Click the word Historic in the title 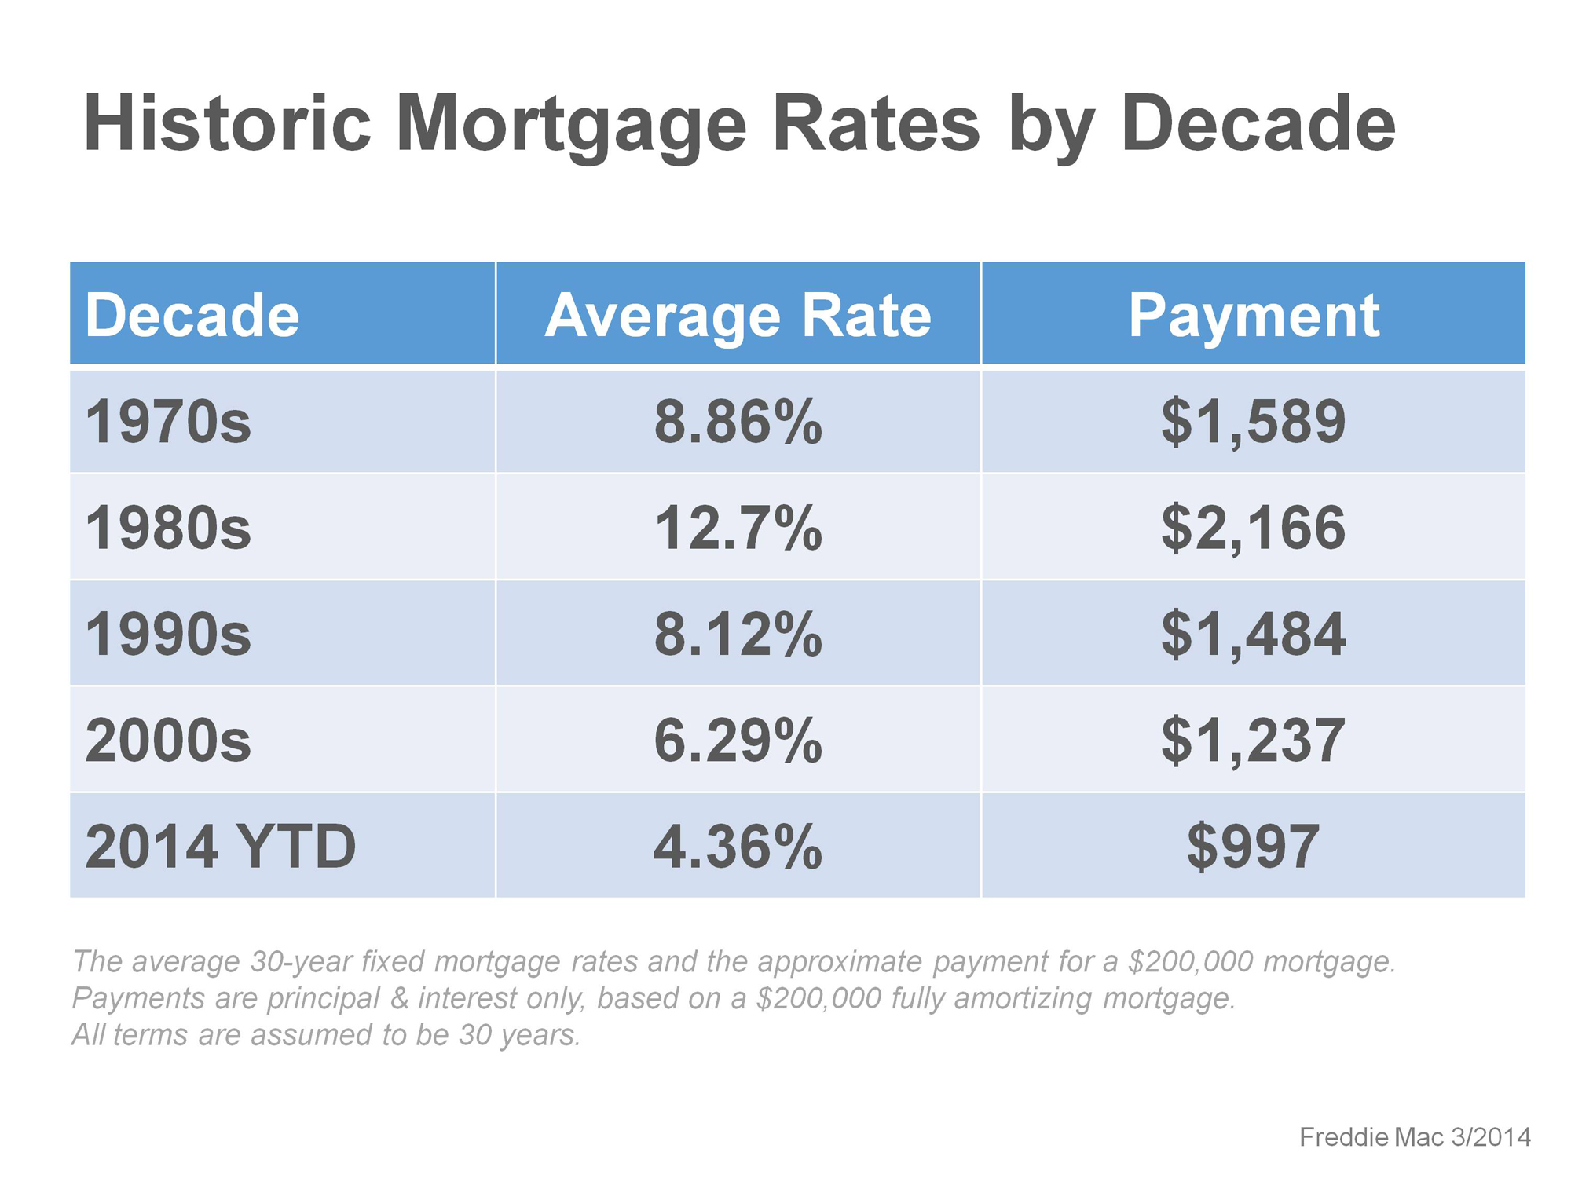coord(227,123)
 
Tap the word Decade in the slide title coord(1258,123)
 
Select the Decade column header coord(192,316)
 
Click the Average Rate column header coord(738,316)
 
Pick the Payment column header coord(1254,316)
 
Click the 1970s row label coord(168,422)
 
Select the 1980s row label coord(168,528)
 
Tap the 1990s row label coord(168,634)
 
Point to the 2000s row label coord(168,740)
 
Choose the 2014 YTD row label coord(221,847)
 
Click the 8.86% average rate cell coord(738,422)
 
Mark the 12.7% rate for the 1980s coord(738,528)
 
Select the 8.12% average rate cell coord(738,634)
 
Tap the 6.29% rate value coord(738,740)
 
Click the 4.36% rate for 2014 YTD coord(738,847)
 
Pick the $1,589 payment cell coord(1254,423)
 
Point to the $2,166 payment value coord(1254,529)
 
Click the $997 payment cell coord(1254,847)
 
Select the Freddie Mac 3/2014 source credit coord(1415,1136)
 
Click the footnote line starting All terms coord(327,1035)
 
